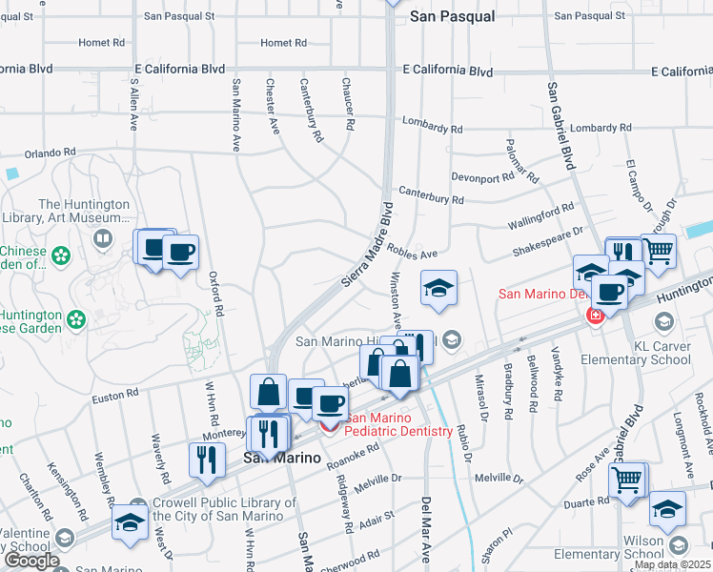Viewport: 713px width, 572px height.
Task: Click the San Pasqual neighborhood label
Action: pos(452,16)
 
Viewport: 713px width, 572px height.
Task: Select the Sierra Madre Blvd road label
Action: pos(366,246)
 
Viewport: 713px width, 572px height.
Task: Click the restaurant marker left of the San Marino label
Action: pos(206,460)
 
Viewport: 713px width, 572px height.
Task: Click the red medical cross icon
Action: pos(596,315)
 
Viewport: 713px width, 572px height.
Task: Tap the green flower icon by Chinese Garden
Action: pos(61,255)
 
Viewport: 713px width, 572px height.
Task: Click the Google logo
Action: pos(31,561)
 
